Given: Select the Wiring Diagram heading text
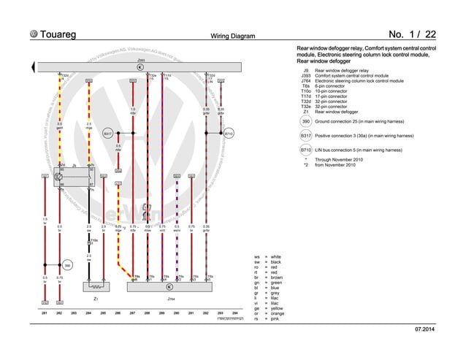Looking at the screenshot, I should [x=232, y=35].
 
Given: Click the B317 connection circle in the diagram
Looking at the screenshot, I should [x=107, y=134].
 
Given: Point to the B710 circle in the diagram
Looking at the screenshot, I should [x=228, y=134].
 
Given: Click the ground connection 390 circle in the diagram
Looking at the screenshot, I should [x=66, y=266].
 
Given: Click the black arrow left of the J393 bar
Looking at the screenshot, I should [x=33, y=67].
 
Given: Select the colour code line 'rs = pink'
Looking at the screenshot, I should [x=267, y=319].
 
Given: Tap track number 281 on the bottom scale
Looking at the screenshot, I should [x=45, y=313].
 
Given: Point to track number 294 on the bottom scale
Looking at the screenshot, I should [x=234, y=313].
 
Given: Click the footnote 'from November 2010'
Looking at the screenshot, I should [x=333, y=165].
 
